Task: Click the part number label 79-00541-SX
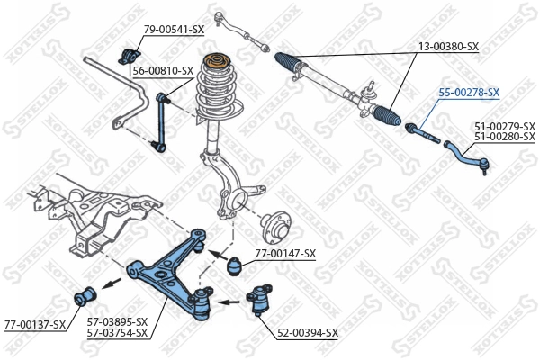175,30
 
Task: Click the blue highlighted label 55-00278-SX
468,92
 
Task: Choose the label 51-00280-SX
504,137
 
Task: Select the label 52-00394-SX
307,332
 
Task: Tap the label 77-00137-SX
35,324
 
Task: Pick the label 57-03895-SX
117,321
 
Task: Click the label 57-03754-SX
117,333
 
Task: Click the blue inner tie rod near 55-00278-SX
421,133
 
